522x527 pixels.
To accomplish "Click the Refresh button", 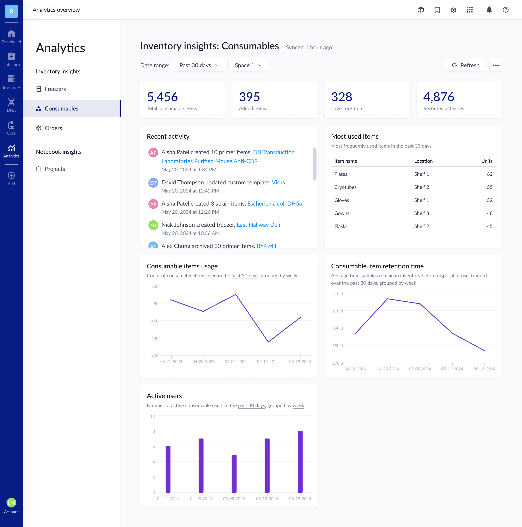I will tap(465, 65).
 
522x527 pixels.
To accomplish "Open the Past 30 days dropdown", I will tap(199, 65).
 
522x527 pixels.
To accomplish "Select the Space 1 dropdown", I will tap(248, 65).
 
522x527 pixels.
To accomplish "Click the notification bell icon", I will tap(489, 10).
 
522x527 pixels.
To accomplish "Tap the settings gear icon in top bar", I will tap(453, 10).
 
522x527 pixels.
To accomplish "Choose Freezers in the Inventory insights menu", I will tap(55, 89).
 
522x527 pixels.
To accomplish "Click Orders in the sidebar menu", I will tap(53, 128).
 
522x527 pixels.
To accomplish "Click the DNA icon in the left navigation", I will tap(11, 105).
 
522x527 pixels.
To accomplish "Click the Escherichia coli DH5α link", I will tap(275, 203).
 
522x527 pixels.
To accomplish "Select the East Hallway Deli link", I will tap(258, 225).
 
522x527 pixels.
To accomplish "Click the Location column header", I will tap(423, 161).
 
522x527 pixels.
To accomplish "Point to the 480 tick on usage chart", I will tap(155, 304).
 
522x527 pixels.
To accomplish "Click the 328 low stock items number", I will tap(341, 97).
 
